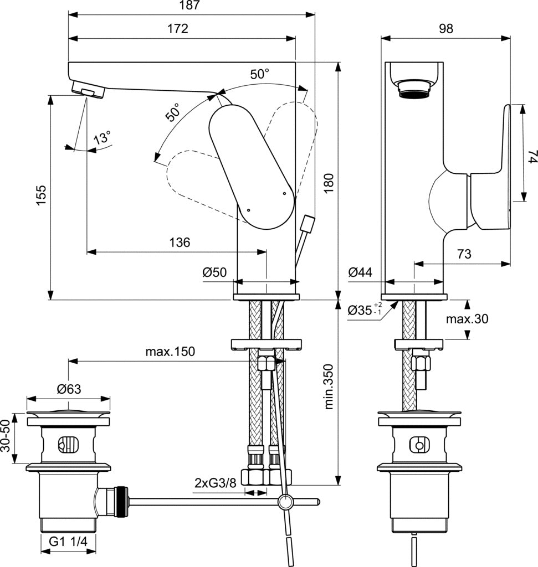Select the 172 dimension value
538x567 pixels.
pos(177,29)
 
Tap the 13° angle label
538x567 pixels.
pos(102,137)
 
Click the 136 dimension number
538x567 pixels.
pos(179,242)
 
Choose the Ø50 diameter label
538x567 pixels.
pos(214,272)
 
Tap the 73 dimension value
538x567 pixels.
pos(464,254)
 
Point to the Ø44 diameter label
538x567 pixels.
pos(360,272)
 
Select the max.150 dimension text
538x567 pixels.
pos(170,352)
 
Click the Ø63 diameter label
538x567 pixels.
pos(69,389)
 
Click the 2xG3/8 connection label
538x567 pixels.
pos(216,482)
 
